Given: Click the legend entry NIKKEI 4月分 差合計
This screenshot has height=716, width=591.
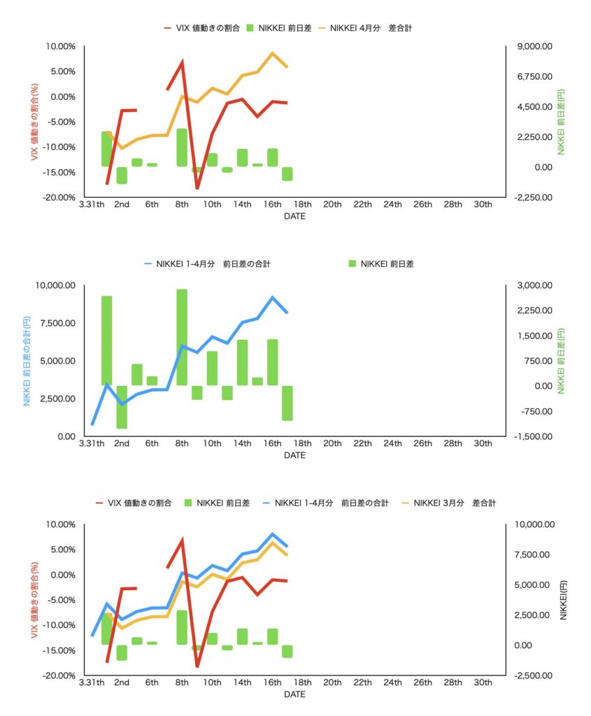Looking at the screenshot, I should point(379,28).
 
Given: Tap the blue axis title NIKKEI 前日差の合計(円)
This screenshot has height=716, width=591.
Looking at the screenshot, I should point(27,361).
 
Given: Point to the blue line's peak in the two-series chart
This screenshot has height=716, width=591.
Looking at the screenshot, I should point(273,297).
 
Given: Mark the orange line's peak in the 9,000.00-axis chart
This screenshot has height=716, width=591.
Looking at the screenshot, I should point(273,53).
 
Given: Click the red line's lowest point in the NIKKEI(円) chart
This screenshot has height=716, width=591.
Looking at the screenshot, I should point(197,666).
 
